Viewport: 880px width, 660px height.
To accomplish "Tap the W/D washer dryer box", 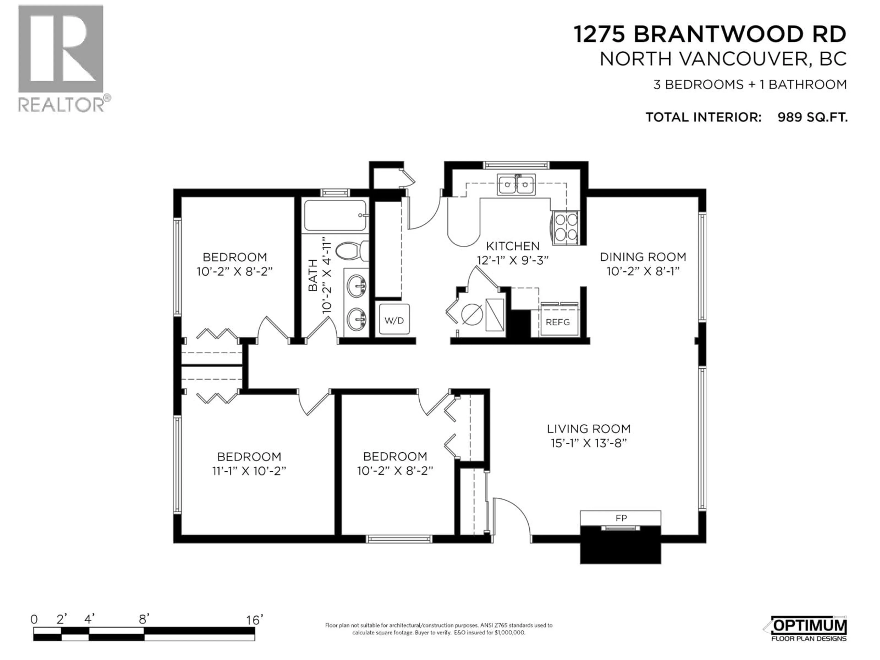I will tap(394, 320).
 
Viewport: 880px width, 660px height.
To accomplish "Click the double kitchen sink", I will tap(516, 184).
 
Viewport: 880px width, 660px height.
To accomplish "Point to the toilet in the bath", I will tap(352, 251).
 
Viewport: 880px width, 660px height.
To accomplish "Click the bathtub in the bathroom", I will tap(335, 215).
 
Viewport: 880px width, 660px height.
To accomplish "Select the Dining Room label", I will tap(643, 257).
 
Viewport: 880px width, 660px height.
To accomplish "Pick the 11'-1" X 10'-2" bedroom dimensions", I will tap(249, 471).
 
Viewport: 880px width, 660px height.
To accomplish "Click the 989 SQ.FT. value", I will tap(812, 117).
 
